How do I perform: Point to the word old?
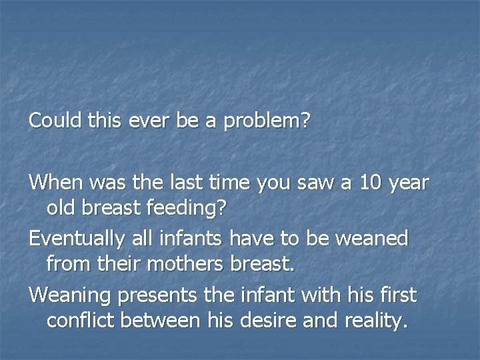click(61, 208)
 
